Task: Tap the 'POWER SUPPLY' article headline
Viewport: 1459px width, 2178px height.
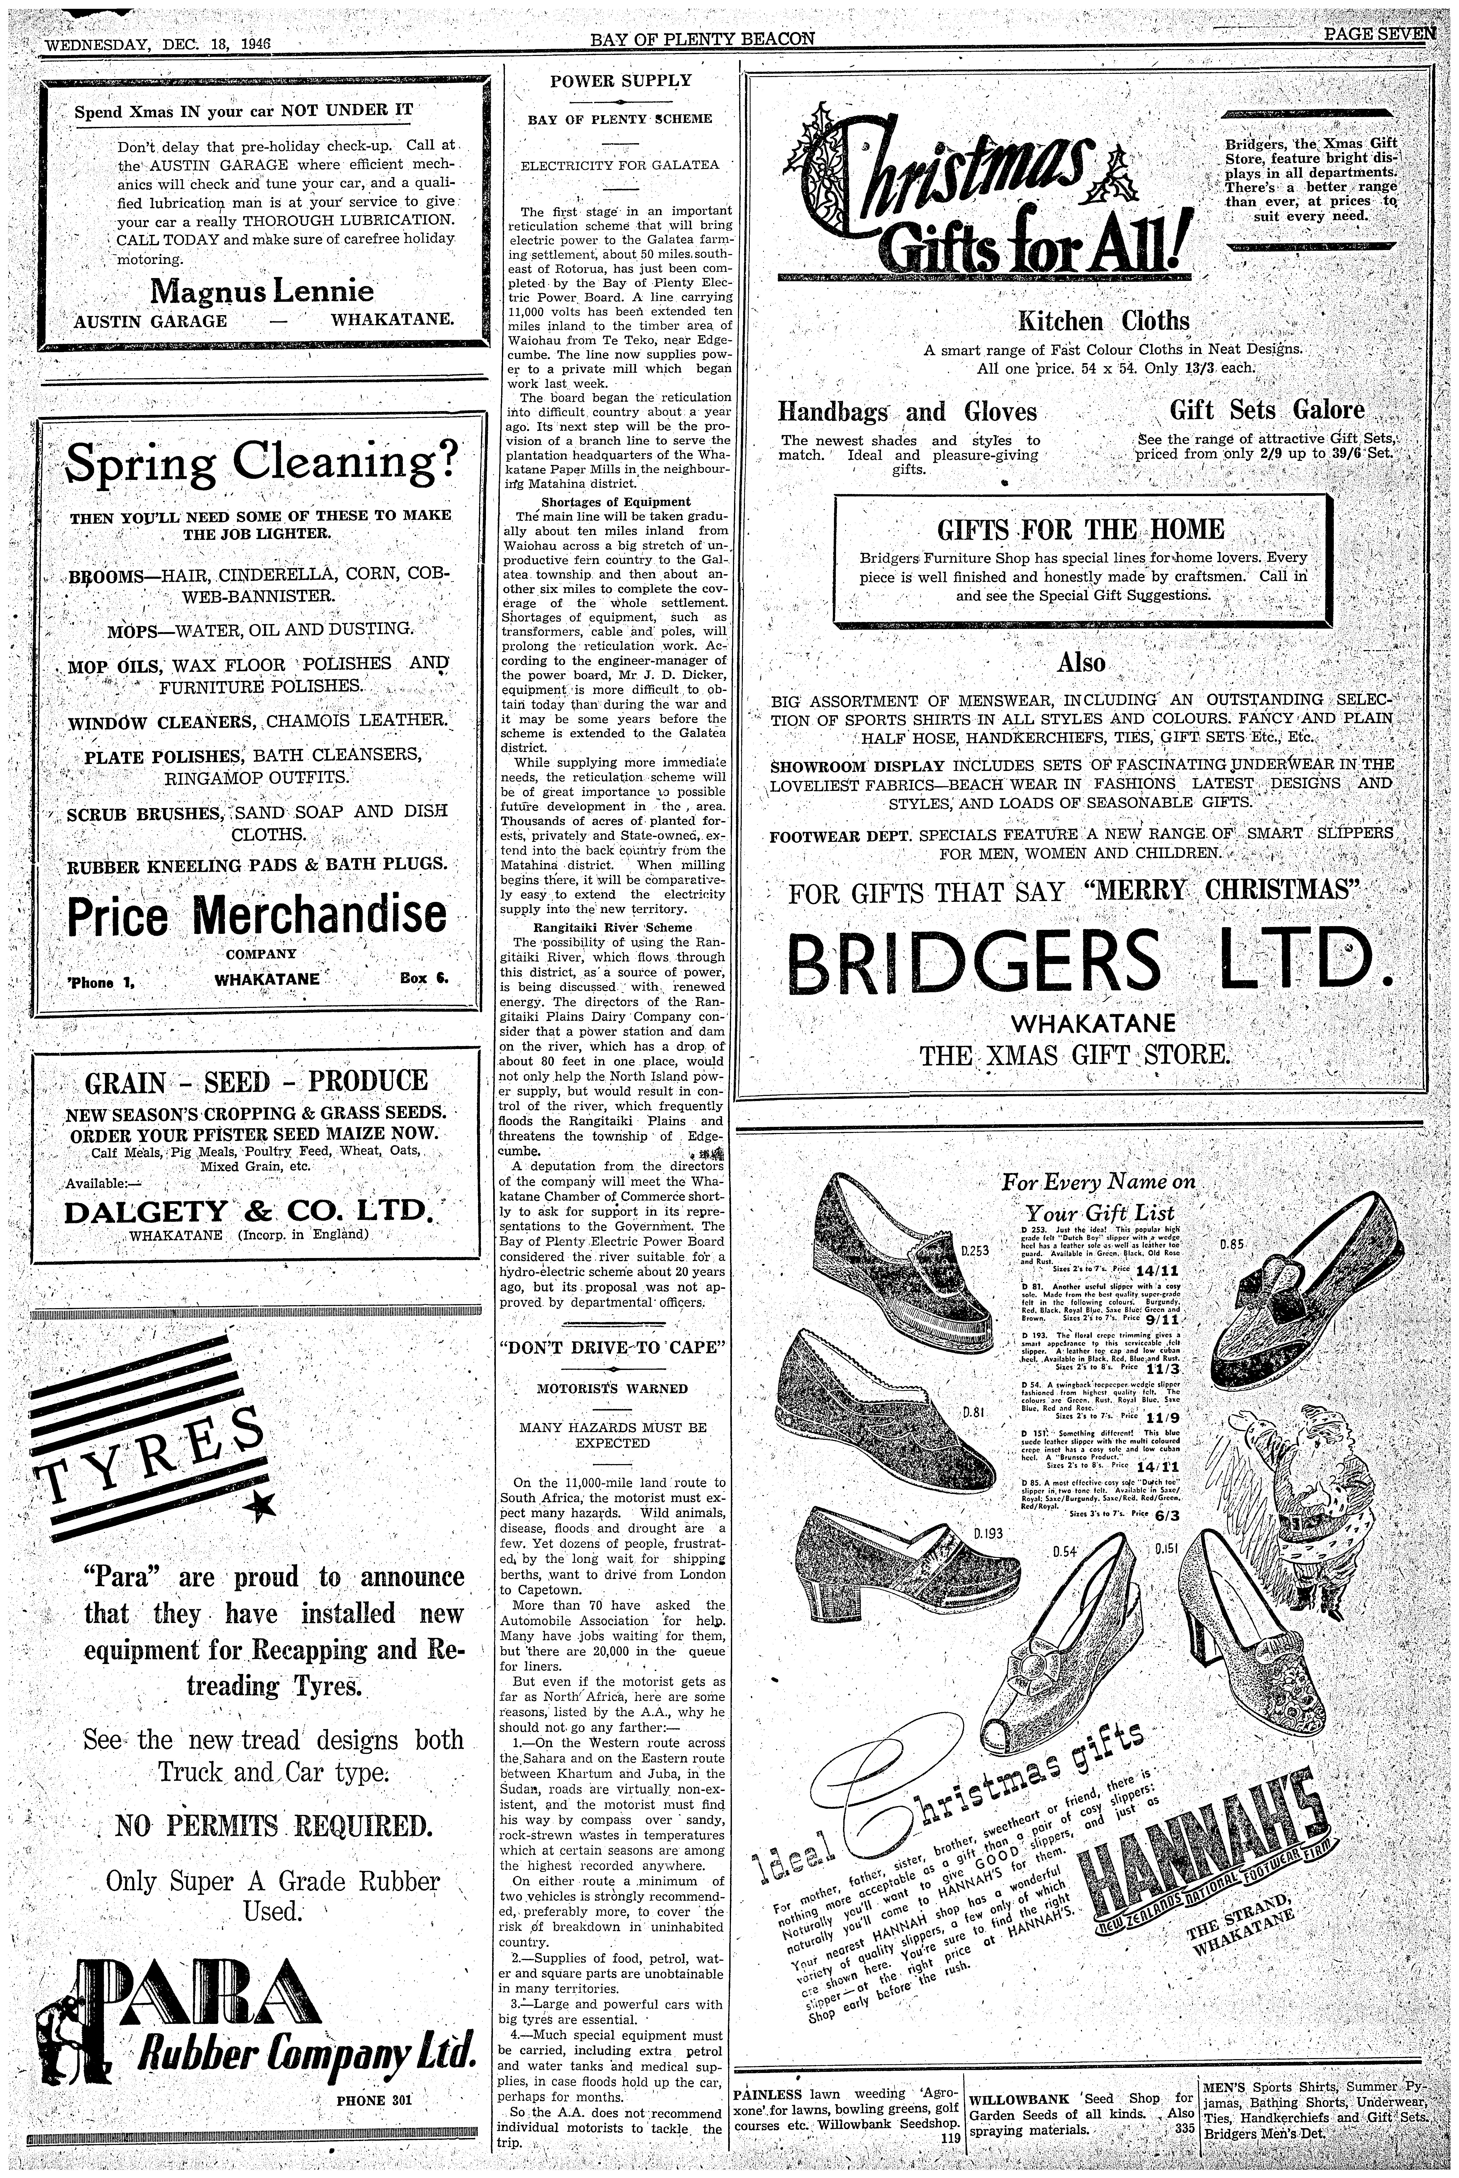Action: [621, 81]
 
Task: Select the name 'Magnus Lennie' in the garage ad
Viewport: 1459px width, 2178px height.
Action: [262, 291]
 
